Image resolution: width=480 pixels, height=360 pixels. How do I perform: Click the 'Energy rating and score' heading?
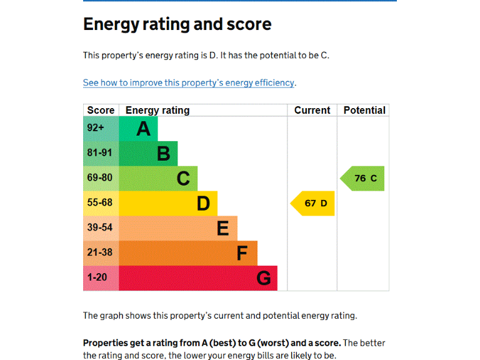pos(177,24)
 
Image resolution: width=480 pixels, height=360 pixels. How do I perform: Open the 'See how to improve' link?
pos(189,82)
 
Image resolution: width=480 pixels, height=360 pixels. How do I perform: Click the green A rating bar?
pos(138,129)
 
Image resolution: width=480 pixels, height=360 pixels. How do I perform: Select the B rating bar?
pos(148,154)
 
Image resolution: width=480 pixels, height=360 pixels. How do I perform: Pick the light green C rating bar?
pos(158,179)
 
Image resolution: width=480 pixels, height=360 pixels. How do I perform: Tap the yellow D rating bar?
pos(168,204)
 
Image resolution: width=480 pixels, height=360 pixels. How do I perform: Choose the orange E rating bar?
pos(178,228)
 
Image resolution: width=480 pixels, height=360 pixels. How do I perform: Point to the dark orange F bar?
pos(188,253)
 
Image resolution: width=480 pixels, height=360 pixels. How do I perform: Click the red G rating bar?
pos(198,278)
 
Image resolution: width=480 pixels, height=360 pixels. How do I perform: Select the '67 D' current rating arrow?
pos(313,203)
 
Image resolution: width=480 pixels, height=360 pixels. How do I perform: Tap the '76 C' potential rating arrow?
pos(363,178)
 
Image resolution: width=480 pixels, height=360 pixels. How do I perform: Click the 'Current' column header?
pos(312,110)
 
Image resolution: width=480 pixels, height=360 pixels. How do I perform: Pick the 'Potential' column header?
pos(364,110)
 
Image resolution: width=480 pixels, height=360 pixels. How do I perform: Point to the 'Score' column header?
pos(101,110)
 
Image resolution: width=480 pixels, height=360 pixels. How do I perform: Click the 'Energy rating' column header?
pos(157,110)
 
